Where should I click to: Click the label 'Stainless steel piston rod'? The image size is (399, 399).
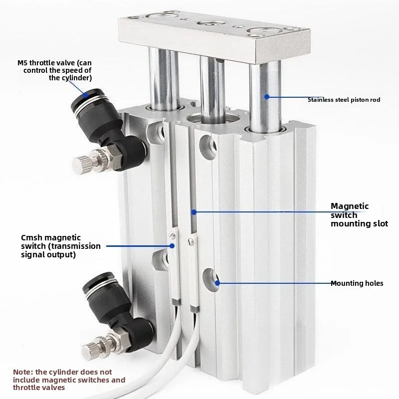coord(344,100)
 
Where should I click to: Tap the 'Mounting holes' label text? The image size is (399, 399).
coord(357,283)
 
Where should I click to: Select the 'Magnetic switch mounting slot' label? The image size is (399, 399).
coord(359,215)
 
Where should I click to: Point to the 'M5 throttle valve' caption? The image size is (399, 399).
coord(54,70)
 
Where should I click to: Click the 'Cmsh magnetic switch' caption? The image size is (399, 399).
coord(61,246)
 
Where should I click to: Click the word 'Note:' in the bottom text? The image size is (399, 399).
coord(23,372)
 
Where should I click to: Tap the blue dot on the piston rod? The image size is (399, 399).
coord(267,97)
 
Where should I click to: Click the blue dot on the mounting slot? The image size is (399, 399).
coord(194,211)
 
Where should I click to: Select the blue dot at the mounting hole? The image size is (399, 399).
coord(217,283)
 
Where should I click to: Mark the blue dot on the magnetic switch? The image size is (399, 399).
coord(172,246)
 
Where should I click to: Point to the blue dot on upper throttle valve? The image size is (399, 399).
coord(85,95)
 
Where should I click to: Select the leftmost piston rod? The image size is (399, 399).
coord(164,79)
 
